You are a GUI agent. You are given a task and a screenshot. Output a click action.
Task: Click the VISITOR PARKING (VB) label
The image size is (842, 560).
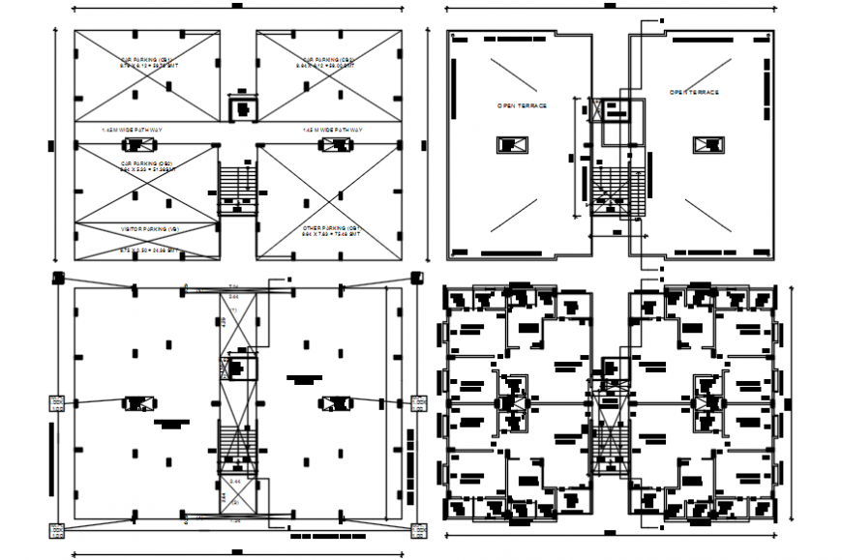click(149, 229)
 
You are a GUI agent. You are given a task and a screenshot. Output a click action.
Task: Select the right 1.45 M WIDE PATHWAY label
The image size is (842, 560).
click(332, 129)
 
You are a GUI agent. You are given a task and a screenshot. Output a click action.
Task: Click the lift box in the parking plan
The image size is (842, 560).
click(242, 105)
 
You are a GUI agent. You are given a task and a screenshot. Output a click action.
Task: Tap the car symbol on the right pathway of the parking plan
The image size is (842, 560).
click(336, 144)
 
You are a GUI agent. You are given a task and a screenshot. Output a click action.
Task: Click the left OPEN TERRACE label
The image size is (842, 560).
click(522, 104)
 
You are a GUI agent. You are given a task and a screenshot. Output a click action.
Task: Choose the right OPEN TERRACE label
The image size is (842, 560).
click(695, 92)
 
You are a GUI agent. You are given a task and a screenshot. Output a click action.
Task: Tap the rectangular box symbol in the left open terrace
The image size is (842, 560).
click(512, 146)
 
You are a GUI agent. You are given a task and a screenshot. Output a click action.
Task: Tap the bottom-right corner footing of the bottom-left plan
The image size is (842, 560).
click(419, 529)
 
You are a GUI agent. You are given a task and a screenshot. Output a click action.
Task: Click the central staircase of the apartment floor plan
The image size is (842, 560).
click(611, 426)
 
